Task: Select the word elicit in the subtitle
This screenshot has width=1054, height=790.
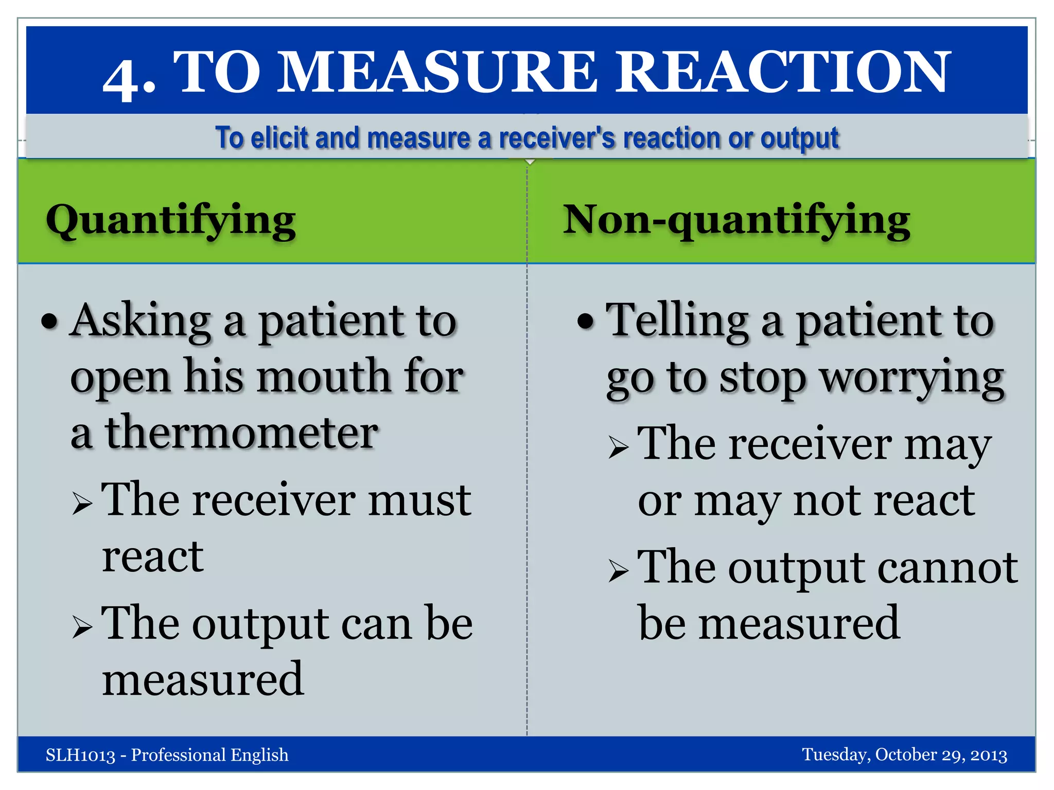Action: (278, 138)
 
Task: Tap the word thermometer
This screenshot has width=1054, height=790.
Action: (242, 433)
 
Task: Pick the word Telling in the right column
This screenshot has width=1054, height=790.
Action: (677, 321)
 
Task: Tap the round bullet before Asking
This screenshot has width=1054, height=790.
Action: (50, 322)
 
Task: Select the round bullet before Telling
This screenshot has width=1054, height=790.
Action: (586, 322)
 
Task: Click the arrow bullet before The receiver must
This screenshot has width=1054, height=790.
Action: (82, 504)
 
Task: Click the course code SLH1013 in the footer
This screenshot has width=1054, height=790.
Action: (80, 755)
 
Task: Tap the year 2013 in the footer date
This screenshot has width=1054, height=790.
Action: (988, 755)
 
